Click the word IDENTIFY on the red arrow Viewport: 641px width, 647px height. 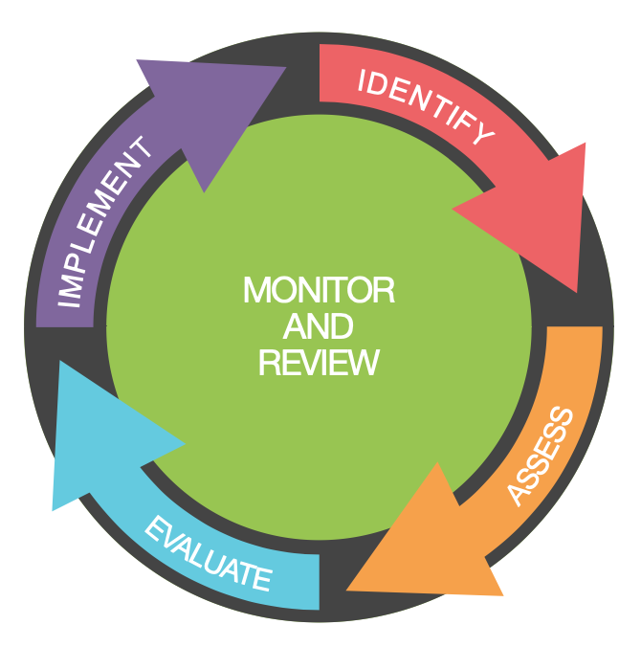pos(426,104)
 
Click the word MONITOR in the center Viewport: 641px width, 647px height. pos(319,290)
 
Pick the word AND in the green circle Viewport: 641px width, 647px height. pos(319,326)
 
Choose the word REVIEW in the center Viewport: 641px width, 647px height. pos(319,363)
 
